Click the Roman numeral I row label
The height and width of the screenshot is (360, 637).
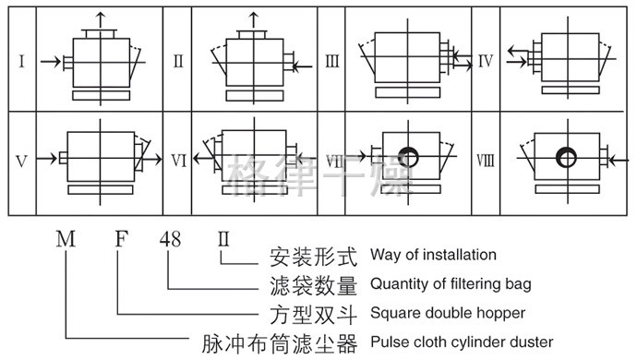[21, 61]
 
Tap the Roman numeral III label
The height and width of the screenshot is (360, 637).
[332, 61]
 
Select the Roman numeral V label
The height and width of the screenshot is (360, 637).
[21, 162]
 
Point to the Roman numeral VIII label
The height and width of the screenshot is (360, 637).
[486, 161]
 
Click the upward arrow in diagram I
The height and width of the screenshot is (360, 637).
[101, 20]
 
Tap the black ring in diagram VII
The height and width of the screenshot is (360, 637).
[408, 157]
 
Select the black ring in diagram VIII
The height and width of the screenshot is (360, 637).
[566, 157]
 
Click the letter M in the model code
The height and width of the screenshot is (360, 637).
[66, 239]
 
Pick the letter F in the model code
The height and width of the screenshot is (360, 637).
[122, 239]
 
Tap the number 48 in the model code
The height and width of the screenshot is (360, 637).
[170, 239]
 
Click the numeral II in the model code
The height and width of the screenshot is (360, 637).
[223, 239]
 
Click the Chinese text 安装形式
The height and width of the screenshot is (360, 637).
[313, 257]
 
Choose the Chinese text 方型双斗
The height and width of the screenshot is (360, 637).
[313, 315]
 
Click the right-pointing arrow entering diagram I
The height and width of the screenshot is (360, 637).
[51, 62]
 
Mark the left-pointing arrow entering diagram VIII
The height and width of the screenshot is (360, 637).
[619, 161]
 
